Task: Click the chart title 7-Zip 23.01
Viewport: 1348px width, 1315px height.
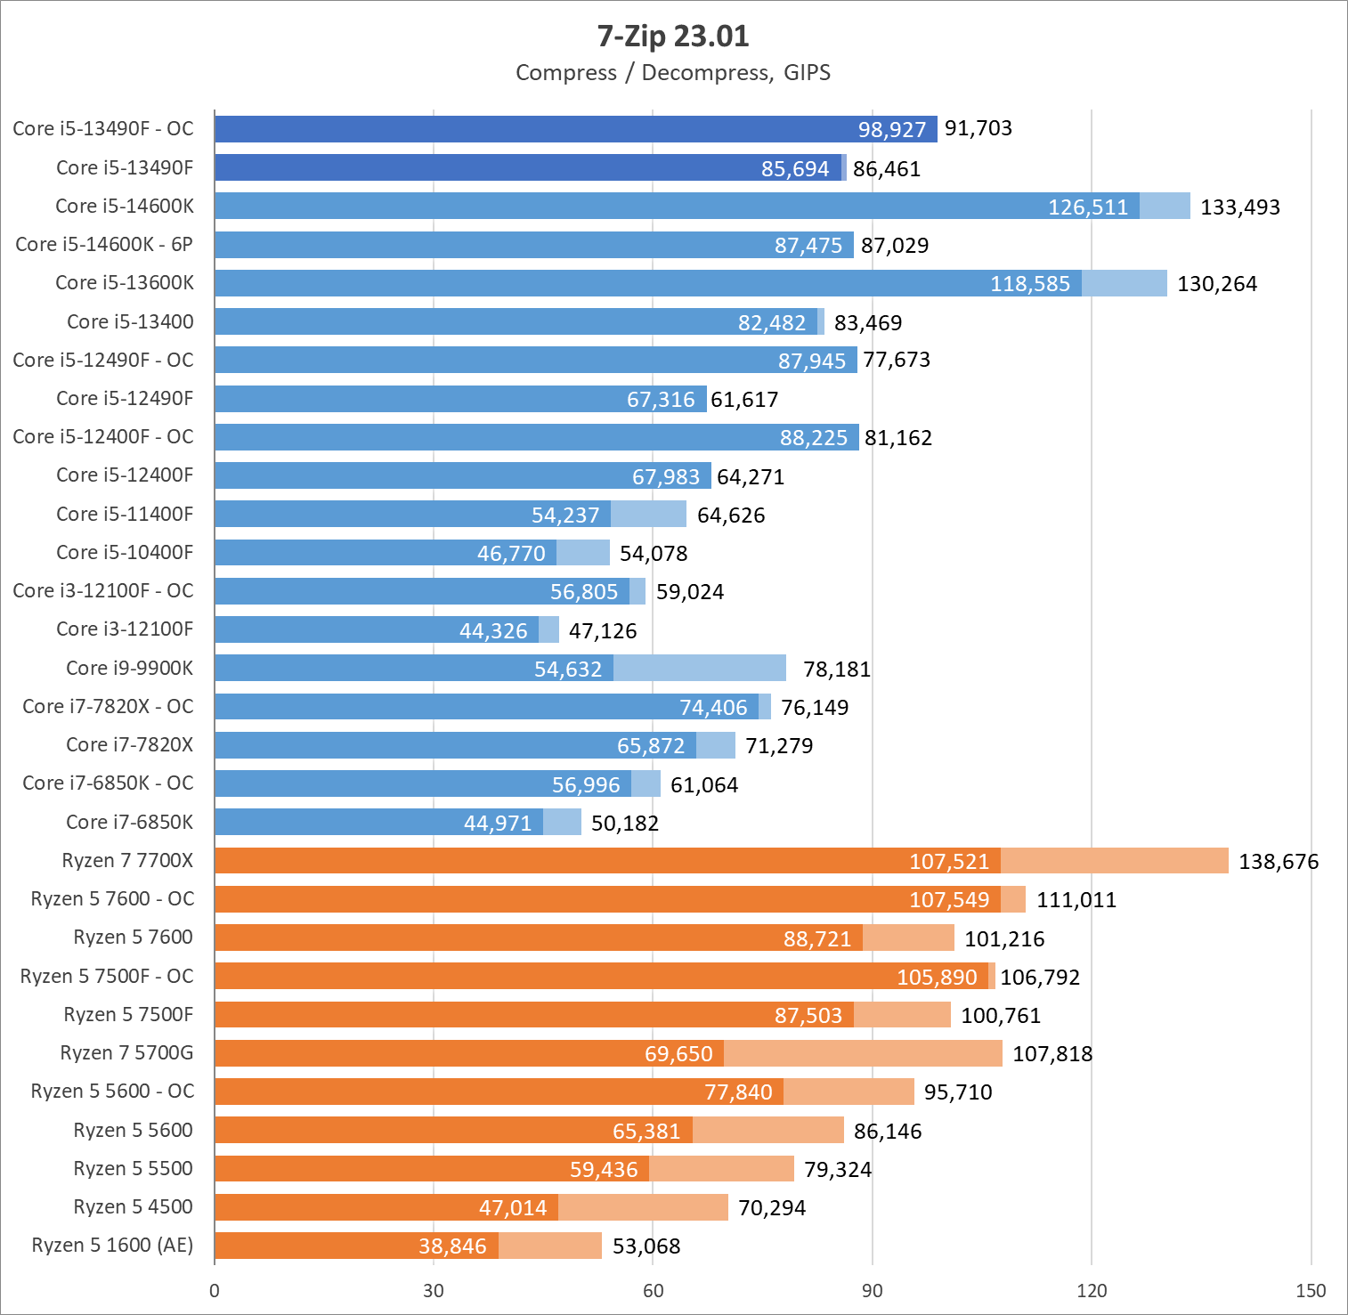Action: (x=673, y=36)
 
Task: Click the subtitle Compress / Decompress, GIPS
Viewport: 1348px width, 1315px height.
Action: (x=673, y=73)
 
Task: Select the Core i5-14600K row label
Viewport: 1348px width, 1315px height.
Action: (x=125, y=207)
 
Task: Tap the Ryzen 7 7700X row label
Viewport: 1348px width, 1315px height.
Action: (x=127, y=860)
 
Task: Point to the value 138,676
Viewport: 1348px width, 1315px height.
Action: (x=1279, y=862)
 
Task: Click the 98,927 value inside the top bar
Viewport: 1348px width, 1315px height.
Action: (x=892, y=130)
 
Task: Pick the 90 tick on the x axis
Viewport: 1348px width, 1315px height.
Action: (x=873, y=1291)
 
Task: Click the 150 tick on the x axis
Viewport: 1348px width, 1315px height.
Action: (x=1311, y=1291)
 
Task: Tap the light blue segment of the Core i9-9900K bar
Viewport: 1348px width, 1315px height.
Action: (x=700, y=668)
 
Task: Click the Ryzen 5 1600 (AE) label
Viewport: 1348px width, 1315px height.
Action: (x=112, y=1245)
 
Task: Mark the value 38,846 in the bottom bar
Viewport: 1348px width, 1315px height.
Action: (x=452, y=1246)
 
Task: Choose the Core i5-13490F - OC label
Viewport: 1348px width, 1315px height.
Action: (x=103, y=129)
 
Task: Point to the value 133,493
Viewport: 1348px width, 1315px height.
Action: (x=1240, y=207)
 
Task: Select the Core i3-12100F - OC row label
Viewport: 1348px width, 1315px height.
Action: (x=103, y=591)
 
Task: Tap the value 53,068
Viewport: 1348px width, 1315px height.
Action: (x=646, y=1246)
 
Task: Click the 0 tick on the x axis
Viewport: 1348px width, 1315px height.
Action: (x=215, y=1291)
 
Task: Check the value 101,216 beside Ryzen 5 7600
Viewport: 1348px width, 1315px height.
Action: (x=1004, y=939)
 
